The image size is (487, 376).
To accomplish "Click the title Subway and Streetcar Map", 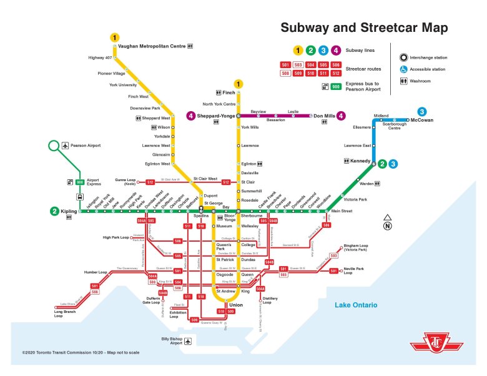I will (x=363, y=28).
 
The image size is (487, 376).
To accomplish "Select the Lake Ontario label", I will (x=355, y=305).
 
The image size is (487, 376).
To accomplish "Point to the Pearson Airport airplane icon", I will (x=66, y=146).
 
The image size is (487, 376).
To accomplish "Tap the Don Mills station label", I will (x=324, y=116).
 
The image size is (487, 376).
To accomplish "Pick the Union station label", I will (x=228, y=304).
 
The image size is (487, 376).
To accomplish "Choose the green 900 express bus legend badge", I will (x=335, y=86).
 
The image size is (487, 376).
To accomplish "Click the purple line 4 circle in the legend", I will (x=336, y=51).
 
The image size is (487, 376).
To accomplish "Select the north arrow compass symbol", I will (x=388, y=222).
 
